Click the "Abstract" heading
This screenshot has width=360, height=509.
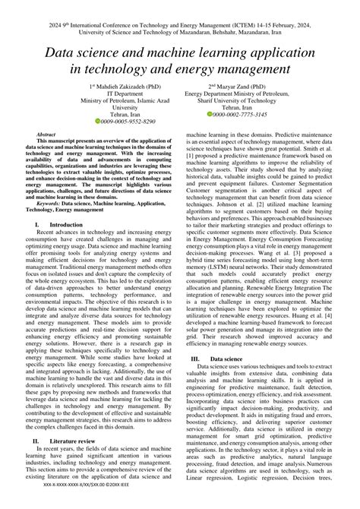[x=46, y=134]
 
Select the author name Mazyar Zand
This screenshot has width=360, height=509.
[x=243, y=87]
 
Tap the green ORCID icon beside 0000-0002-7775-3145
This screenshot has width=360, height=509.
[x=210, y=113]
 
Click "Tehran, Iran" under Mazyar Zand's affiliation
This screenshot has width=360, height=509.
[x=240, y=106]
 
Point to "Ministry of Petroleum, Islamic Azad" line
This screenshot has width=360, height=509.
[x=122, y=100]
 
